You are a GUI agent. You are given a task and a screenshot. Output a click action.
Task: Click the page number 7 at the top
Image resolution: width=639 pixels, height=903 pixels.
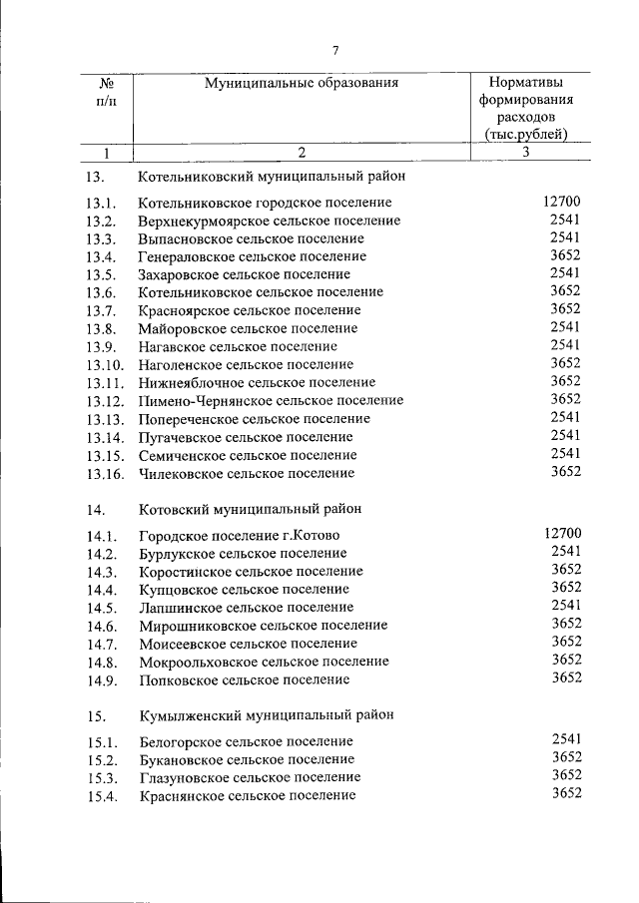[x=335, y=51]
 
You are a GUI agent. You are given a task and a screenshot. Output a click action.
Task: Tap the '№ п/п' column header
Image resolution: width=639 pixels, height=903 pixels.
[x=104, y=92]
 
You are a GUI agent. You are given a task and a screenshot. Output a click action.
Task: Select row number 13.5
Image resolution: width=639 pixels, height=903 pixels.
[x=102, y=274]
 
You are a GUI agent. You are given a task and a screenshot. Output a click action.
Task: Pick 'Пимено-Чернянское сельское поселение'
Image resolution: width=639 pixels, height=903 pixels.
[x=272, y=400]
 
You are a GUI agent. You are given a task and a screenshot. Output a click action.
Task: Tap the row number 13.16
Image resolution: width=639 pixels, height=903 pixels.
[x=105, y=473]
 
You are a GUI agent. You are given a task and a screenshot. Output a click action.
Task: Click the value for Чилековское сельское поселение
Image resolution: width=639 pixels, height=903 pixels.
[x=565, y=472]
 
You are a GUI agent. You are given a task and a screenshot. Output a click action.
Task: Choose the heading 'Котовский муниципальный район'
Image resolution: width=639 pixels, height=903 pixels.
[x=251, y=508]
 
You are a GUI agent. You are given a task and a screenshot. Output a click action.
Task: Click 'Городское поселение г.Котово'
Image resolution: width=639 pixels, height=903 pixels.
[x=240, y=536]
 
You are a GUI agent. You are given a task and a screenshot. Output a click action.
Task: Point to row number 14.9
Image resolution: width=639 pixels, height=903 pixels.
[x=102, y=680]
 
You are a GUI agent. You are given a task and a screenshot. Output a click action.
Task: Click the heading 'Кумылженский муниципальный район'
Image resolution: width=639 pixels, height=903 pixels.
[x=267, y=714]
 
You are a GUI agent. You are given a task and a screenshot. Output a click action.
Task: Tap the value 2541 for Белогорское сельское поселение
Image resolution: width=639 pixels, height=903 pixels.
[x=565, y=740]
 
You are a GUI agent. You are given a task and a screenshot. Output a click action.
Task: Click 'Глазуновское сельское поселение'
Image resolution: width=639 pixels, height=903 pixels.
[x=251, y=777]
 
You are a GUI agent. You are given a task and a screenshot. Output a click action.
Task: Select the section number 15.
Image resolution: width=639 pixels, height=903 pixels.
[x=96, y=715]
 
